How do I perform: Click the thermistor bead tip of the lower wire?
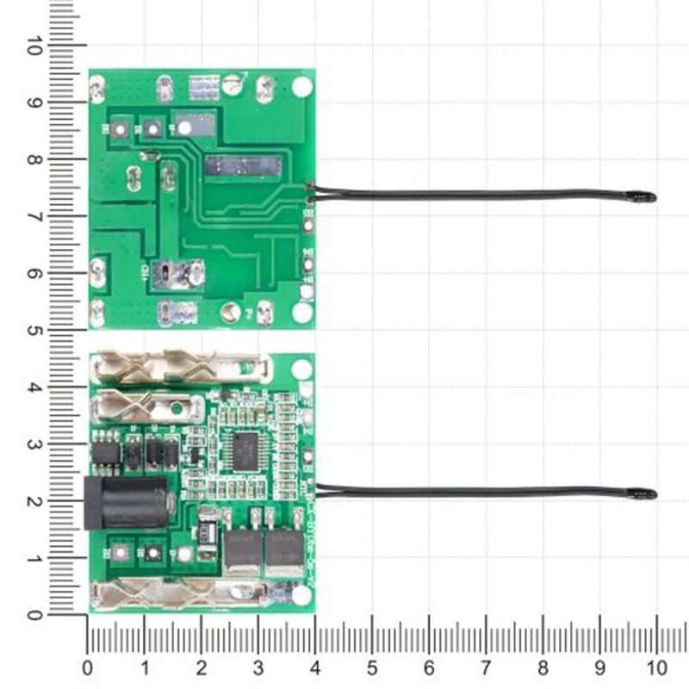pos(647,494)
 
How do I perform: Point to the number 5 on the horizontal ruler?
pos(372,667)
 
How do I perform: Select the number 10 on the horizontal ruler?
pos(656,667)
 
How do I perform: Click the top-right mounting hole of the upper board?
pos(301,86)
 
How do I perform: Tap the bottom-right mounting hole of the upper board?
pos(301,312)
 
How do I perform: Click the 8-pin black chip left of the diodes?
pos(107,451)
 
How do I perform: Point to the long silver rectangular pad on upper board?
pos(242,164)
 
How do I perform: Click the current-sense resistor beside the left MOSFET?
pos(208,526)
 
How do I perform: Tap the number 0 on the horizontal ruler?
pos(87,667)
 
